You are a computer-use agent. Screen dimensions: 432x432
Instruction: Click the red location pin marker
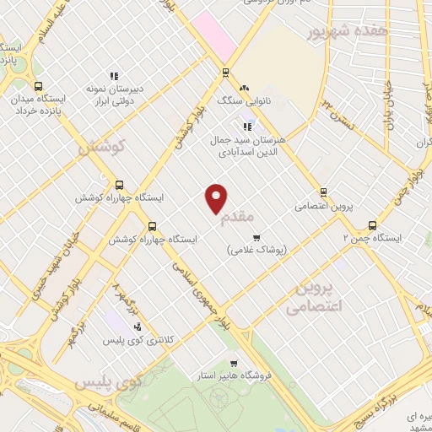pyautogui.click(x=217, y=198)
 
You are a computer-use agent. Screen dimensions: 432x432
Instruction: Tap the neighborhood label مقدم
pyautogui.click(x=237, y=218)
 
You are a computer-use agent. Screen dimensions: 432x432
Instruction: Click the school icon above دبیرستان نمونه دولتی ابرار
pyautogui.click(x=113, y=76)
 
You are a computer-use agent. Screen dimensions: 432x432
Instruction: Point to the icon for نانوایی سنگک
pyautogui.click(x=244, y=88)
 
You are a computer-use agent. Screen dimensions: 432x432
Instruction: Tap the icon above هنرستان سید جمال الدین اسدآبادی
pyautogui.click(x=246, y=126)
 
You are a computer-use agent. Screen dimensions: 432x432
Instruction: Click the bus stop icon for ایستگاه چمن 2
pyautogui.click(x=372, y=225)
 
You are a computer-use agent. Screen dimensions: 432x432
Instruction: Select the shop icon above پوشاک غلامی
pyautogui.click(x=256, y=237)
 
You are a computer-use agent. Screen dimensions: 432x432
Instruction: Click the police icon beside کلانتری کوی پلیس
pyautogui.click(x=138, y=326)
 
